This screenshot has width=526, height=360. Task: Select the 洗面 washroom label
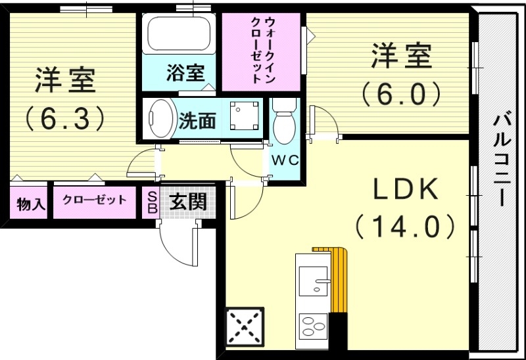(x=198, y=120)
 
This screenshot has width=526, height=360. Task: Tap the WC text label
(x=284, y=160)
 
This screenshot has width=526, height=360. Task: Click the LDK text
(x=406, y=191)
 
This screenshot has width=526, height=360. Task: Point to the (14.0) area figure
(x=406, y=227)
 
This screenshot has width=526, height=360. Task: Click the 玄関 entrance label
(x=189, y=202)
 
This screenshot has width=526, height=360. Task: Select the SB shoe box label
(x=151, y=203)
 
